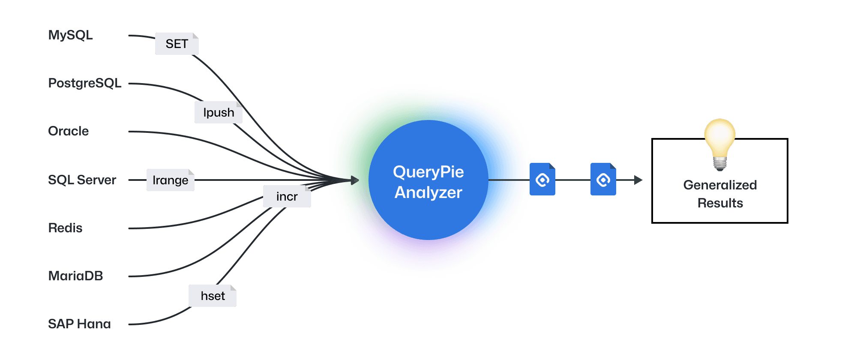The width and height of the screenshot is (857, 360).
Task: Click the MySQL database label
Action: click(71, 35)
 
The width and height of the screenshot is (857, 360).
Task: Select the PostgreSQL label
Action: click(85, 83)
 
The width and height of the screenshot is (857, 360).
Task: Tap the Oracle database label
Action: click(69, 131)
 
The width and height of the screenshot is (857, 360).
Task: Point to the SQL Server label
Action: click(82, 180)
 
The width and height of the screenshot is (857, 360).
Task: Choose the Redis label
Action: click(65, 228)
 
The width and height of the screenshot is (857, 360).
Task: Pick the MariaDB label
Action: click(76, 276)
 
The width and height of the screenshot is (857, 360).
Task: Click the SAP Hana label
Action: click(80, 324)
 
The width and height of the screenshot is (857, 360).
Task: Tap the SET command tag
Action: click(177, 44)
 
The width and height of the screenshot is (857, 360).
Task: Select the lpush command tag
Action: click(219, 112)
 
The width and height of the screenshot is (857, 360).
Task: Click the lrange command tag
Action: click(171, 180)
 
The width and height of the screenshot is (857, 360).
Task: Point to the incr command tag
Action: click(287, 196)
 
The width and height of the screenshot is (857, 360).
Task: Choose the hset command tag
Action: click(213, 296)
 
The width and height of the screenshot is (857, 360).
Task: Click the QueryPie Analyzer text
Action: click(428, 182)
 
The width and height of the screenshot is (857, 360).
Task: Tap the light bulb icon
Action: click(720, 144)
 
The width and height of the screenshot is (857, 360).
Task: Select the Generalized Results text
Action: click(720, 194)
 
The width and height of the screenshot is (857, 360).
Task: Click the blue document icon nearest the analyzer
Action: click(542, 179)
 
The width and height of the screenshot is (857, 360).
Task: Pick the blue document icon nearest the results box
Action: click(603, 179)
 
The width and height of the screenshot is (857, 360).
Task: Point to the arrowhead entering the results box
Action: click(638, 180)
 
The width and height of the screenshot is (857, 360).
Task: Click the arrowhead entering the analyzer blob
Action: click(355, 180)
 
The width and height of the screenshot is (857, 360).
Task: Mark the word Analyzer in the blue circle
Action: click(428, 193)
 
